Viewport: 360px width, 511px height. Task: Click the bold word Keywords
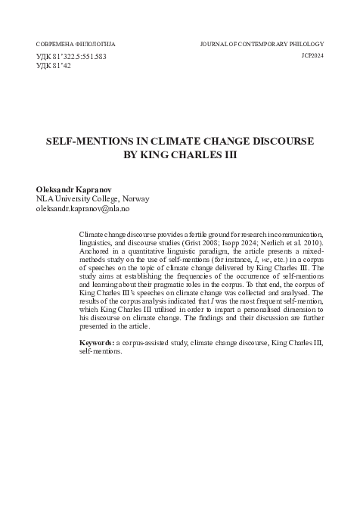[x=96, y=344]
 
